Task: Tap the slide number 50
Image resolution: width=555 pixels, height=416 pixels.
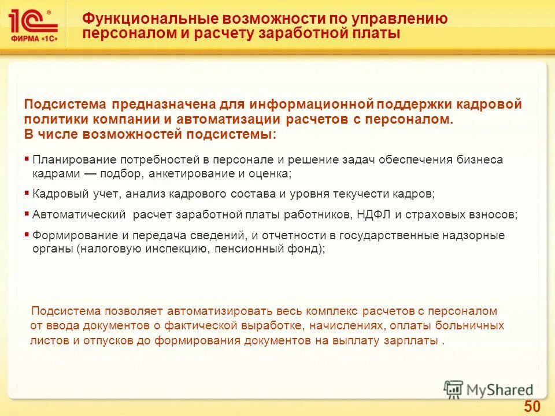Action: [x=532, y=406]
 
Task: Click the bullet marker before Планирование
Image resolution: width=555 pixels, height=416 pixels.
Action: [x=27, y=158]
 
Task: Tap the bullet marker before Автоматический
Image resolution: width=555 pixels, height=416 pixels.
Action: [x=27, y=213]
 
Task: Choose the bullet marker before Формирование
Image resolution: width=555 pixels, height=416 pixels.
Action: [x=27, y=234]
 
